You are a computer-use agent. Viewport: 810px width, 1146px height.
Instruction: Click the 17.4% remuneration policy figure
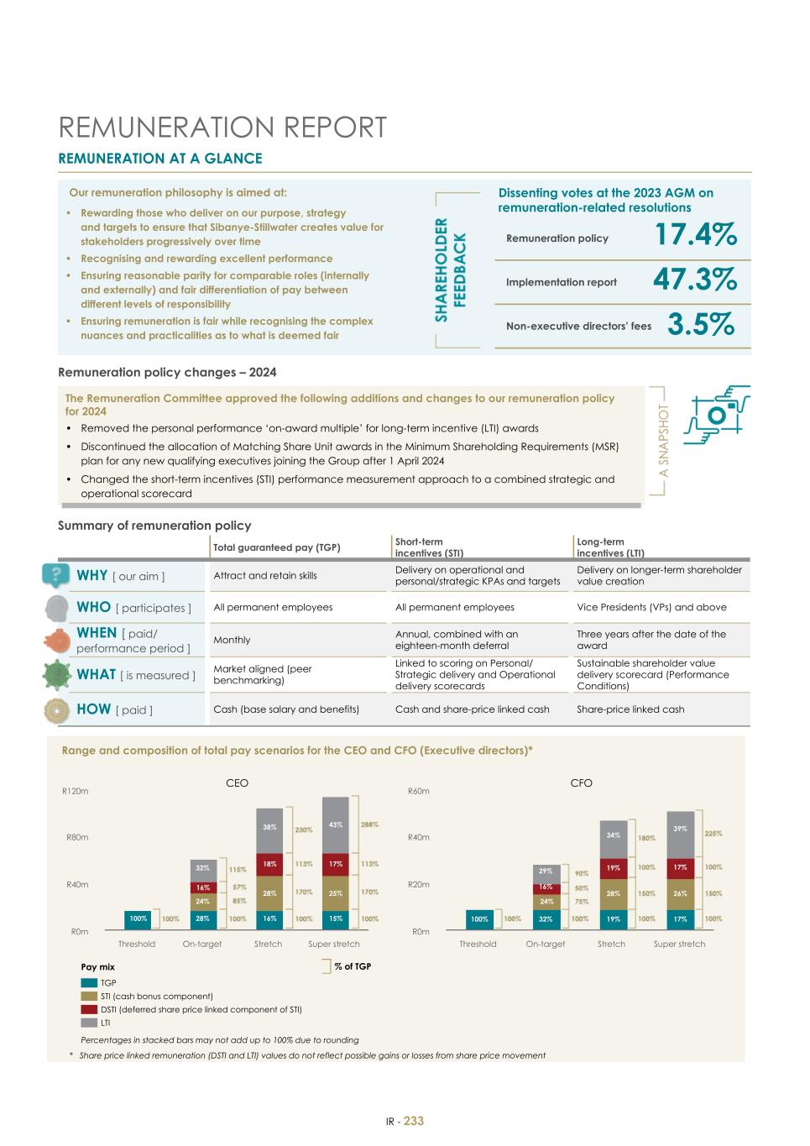coord(695,235)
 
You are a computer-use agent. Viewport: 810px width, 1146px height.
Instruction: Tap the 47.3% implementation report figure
coord(695,280)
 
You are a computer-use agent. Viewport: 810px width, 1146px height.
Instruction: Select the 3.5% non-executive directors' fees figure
coord(701,324)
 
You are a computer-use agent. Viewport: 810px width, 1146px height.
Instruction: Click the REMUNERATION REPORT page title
coord(222,128)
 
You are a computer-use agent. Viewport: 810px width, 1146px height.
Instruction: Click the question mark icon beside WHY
coord(55,575)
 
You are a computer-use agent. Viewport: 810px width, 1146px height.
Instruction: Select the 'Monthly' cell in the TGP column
coord(232,640)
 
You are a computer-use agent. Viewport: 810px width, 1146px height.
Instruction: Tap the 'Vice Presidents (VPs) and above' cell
coord(651,607)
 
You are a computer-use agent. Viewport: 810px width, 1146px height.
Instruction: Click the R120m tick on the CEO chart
coord(76,791)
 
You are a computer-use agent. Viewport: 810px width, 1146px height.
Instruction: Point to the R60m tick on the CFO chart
coord(418,791)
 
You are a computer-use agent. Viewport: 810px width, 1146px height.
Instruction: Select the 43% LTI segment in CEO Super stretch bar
coord(336,824)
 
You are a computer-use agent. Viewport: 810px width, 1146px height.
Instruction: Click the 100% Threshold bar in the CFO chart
coord(479,919)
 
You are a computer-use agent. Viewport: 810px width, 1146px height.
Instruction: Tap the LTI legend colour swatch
coord(89,1023)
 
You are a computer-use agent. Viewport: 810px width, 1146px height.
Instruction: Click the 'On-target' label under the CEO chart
coord(202,944)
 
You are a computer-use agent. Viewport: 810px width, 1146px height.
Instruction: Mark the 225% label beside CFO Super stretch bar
coord(713,834)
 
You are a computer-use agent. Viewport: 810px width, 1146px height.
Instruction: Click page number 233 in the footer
coord(414,1121)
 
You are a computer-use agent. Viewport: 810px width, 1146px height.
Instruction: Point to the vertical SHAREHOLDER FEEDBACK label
coord(451,269)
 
